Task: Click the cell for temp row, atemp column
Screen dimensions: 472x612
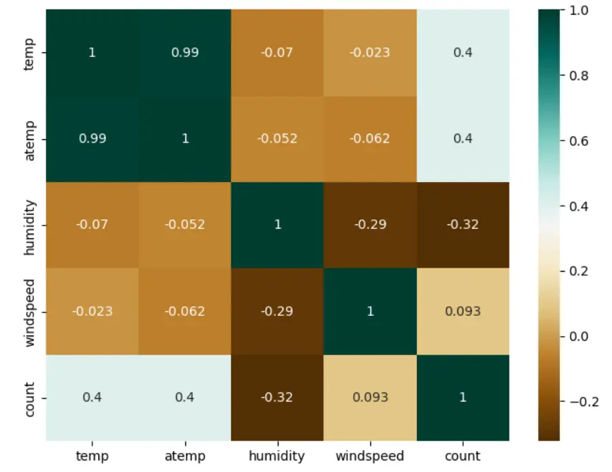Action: pyautogui.click(x=185, y=52)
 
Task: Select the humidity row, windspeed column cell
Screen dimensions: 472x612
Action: pyautogui.click(x=370, y=225)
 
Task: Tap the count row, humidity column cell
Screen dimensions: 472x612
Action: pyautogui.click(x=278, y=397)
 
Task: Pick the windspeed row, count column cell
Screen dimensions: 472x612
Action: pyautogui.click(x=463, y=311)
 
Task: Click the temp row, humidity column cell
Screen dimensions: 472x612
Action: pyautogui.click(x=278, y=52)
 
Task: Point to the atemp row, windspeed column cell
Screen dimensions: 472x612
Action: pyautogui.click(x=370, y=139)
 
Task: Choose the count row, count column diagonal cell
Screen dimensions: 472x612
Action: pyautogui.click(x=463, y=397)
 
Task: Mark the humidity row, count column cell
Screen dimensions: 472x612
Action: pyautogui.click(x=463, y=225)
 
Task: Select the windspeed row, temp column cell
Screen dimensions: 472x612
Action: pyautogui.click(x=92, y=311)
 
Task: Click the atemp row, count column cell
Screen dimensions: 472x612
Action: pyautogui.click(x=463, y=139)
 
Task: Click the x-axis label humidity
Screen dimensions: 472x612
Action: pyautogui.click(x=278, y=456)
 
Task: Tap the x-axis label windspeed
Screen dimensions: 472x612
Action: pyautogui.click(x=370, y=456)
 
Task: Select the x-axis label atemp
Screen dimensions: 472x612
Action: pyautogui.click(x=185, y=456)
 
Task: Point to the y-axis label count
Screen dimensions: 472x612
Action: pyautogui.click(x=29, y=397)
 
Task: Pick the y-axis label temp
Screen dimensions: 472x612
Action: pyautogui.click(x=29, y=52)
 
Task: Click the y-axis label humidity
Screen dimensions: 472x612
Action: pyautogui.click(x=29, y=225)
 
